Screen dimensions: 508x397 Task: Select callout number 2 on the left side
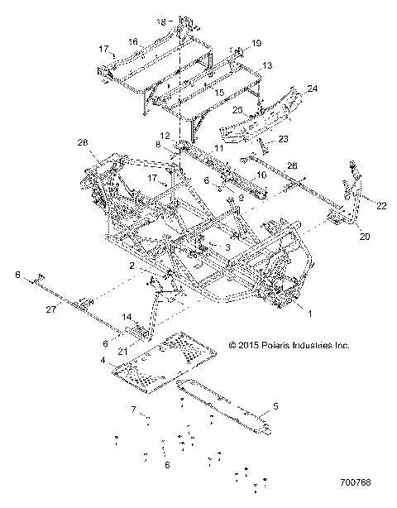pyautogui.click(x=132, y=266)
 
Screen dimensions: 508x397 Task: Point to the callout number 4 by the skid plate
pyautogui.click(x=103, y=361)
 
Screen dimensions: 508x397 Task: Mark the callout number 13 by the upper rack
pyautogui.click(x=267, y=65)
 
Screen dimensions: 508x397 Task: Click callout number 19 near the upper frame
pyautogui.click(x=256, y=42)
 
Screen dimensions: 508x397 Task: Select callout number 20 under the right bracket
pyautogui.click(x=342, y=237)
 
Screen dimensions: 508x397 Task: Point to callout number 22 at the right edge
pyautogui.click(x=381, y=204)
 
